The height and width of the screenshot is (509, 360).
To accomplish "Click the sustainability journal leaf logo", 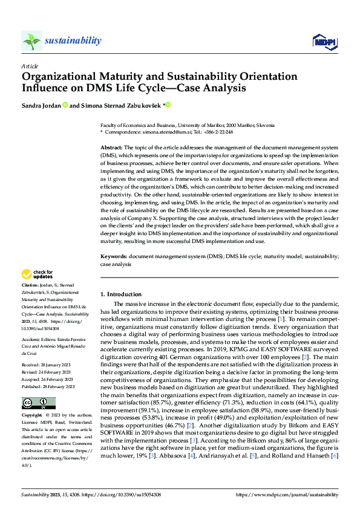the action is coord(31,41).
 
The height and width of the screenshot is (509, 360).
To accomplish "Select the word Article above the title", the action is coord(30,66).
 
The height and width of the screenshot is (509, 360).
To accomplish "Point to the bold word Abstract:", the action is coord(111,148).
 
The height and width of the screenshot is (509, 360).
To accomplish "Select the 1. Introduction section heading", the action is coord(121,294).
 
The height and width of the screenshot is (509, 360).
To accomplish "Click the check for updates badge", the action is coord(38,274).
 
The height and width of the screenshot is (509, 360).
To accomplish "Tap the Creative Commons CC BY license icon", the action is coord(38,403).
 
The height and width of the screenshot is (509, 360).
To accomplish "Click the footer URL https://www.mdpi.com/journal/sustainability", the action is coord(286,495).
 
